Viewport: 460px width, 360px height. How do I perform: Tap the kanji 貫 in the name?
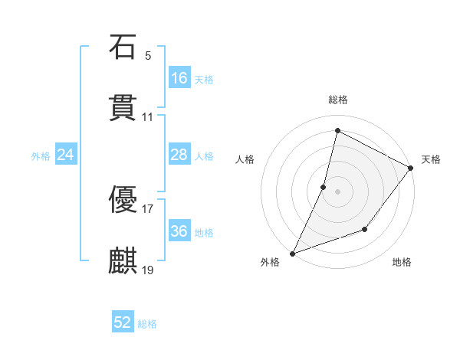123,109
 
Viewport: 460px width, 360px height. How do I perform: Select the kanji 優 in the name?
123,198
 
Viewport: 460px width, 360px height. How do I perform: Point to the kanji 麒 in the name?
123,260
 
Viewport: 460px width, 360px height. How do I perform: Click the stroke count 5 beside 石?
148,56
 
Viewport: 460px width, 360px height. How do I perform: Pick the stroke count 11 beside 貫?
148,118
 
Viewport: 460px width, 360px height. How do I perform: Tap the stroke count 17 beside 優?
148,208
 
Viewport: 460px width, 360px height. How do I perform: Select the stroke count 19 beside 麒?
148,270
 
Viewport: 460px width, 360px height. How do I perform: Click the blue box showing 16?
179,78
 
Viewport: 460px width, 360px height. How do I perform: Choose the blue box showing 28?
179,155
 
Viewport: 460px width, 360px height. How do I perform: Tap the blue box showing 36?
179,231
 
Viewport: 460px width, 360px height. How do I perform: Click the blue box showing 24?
66,155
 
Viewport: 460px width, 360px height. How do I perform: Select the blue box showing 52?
123,322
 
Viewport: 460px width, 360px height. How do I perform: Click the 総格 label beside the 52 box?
147,324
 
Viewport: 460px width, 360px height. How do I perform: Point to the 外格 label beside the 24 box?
41,156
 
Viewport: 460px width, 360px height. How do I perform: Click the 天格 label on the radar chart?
431,159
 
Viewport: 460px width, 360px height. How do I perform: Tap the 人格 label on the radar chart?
245,159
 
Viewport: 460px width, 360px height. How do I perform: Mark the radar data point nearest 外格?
292,253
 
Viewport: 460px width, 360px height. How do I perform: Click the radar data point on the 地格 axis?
365,229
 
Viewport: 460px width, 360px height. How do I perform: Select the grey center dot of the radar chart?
337,191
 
